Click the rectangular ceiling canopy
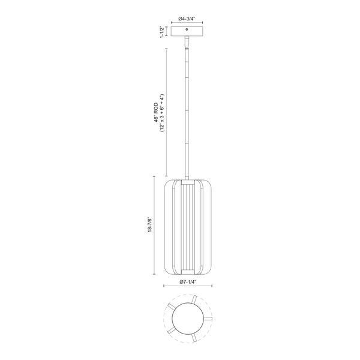(x=188, y=31)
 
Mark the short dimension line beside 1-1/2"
(x=167, y=31)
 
